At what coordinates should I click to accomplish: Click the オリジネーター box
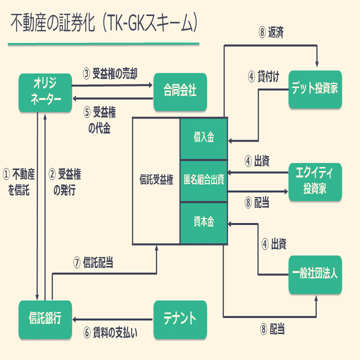(45, 92)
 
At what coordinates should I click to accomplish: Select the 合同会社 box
(180, 92)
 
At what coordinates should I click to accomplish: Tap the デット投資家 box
(315, 89)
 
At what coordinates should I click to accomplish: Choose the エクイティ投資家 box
(315, 181)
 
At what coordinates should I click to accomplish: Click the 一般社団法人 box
(315, 274)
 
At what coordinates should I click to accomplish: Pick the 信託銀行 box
(45, 319)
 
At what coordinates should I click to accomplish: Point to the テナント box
(180, 319)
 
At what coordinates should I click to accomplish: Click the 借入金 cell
(204, 138)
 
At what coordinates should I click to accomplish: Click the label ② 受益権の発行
(65, 182)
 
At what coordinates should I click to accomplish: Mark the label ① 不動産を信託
(19, 182)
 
